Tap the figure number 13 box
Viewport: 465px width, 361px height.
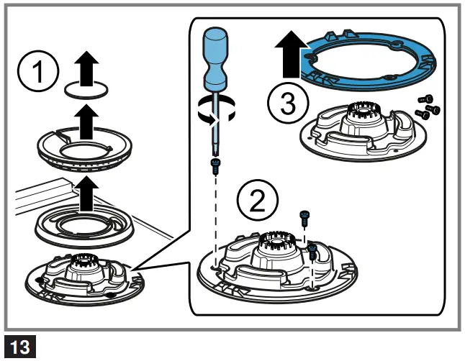pos(19,347)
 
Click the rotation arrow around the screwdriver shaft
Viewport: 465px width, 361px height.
pos(214,109)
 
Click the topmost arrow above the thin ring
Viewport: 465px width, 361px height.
pos(88,68)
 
